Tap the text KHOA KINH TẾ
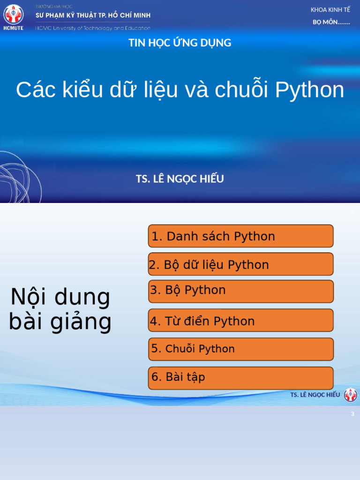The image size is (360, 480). pyautogui.click(x=330, y=10)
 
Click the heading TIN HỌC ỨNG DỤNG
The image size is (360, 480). pyautogui.click(x=180, y=43)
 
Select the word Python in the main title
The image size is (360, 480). pyautogui.click(x=310, y=90)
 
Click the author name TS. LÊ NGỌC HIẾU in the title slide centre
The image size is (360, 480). pyautogui.click(x=180, y=179)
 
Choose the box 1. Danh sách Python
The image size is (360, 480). pyautogui.click(x=240, y=236)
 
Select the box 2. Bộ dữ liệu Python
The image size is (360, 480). pyautogui.click(x=240, y=264)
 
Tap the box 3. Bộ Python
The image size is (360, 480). pyautogui.click(x=240, y=291)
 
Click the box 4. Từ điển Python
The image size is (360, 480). pyautogui.click(x=240, y=321)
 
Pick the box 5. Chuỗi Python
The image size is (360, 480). pyautogui.click(x=240, y=349)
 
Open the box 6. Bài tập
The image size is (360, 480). pyautogui.click(x=240, y=378)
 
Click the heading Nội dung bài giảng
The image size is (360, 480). pyautogui.click(x=60, y=309)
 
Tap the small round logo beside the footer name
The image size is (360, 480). pyautogui.click(x=351, y=395)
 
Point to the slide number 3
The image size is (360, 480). pyautogui.click(x=352, y=414)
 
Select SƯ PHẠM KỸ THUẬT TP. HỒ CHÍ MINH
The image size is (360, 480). pyautogui.click(x=93, y=15)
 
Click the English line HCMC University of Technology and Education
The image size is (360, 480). pyautogui.click(x=93, y=28)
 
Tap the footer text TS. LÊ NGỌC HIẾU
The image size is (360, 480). pyautogui.click(x=315, y=395)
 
